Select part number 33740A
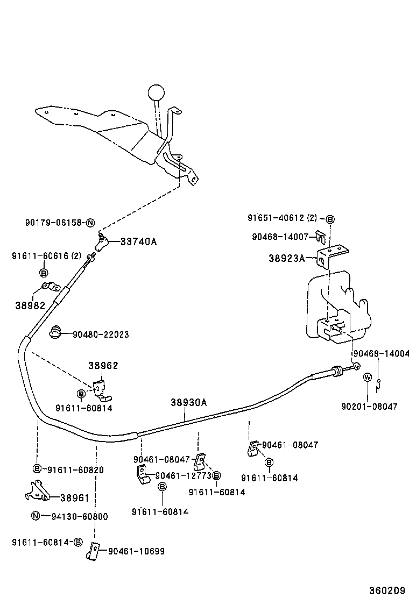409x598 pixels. point(138,241)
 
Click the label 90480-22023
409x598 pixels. point(101,334)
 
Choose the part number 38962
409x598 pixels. point(103,366)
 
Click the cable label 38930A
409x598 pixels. point(189,402)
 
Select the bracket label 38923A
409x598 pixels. point(286,258)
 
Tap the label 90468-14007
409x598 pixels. point(280,237)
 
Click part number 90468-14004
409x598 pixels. point(381,354)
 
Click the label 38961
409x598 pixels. point(75,498)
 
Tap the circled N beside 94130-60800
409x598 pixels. point(35,516)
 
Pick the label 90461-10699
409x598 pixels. point(136,551)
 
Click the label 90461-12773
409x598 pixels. point(183,475)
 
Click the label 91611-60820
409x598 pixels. point(75,469)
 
